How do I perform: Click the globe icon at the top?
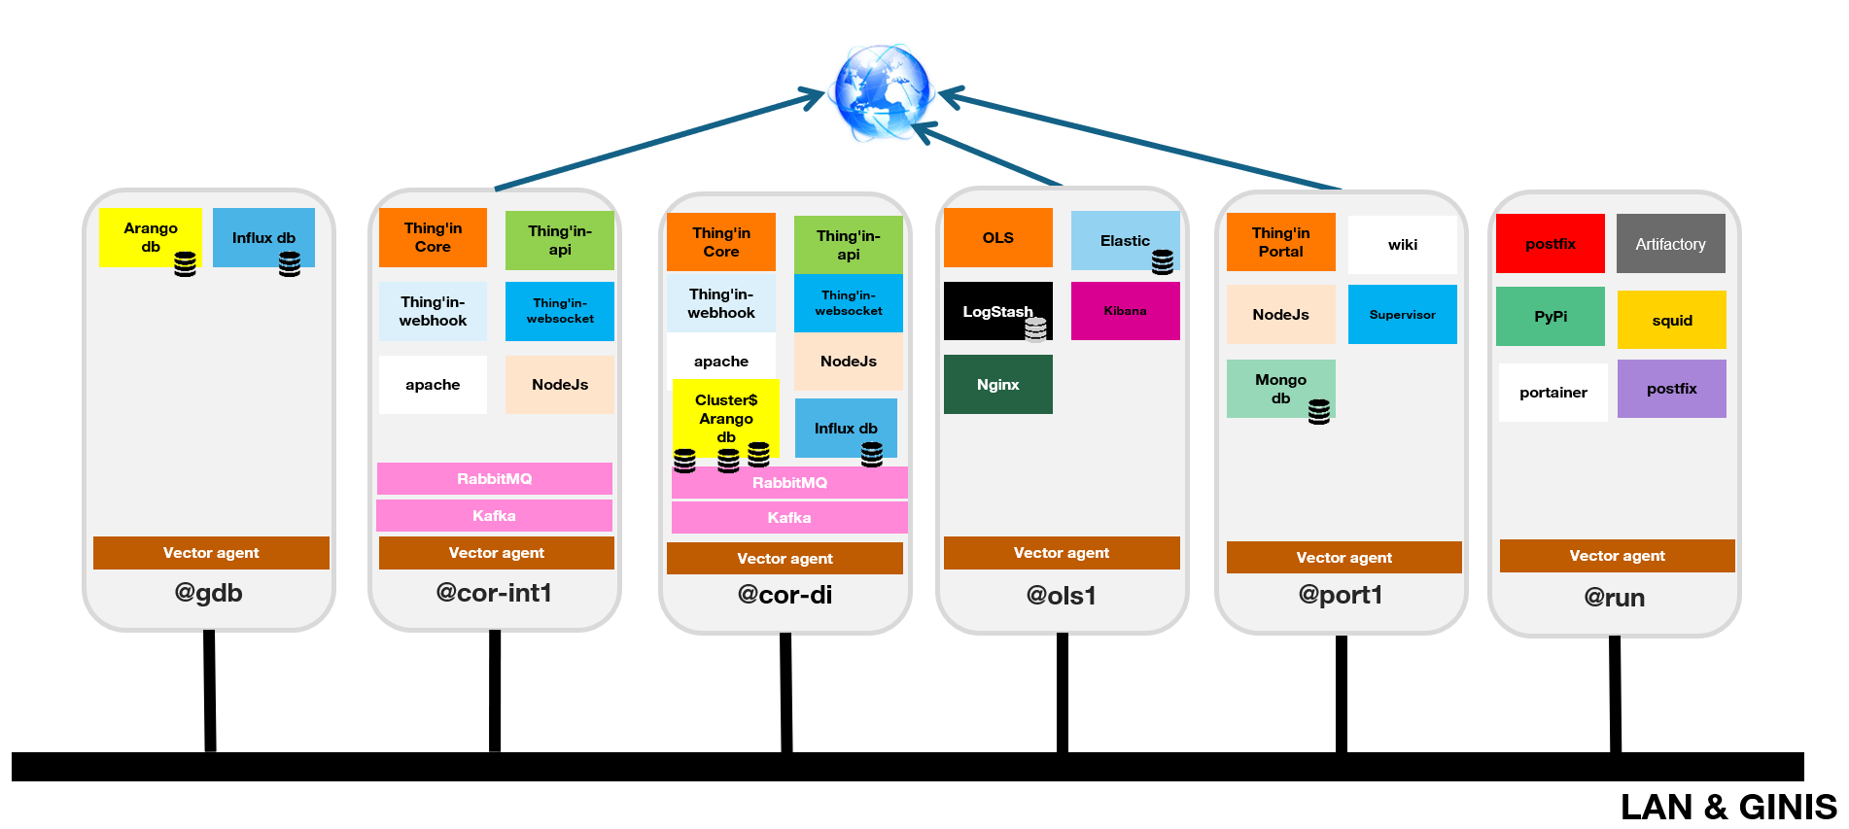[882, 92]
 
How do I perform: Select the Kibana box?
[1125, 311]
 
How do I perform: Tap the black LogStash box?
[997, 311]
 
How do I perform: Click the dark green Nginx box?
[997, 384]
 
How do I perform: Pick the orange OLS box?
[997, 238]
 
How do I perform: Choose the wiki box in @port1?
[1402, 244]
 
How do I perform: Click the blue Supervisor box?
[1402, 315]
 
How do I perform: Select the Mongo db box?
[1280, 389]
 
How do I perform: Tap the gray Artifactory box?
[1670, 244]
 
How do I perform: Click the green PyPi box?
[1550, 316]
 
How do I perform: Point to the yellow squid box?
[1671, 320]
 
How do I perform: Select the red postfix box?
[1550, 244]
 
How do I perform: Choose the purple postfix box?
[1671, 389]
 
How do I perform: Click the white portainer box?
[1552, 393]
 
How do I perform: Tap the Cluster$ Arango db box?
[725, 418]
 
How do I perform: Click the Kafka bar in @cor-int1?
[494, 516]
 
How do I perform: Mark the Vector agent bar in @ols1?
[1061, 553]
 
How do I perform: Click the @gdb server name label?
[208, 593]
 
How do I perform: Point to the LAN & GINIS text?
[1727, 808]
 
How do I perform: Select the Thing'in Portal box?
[1280, 242]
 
